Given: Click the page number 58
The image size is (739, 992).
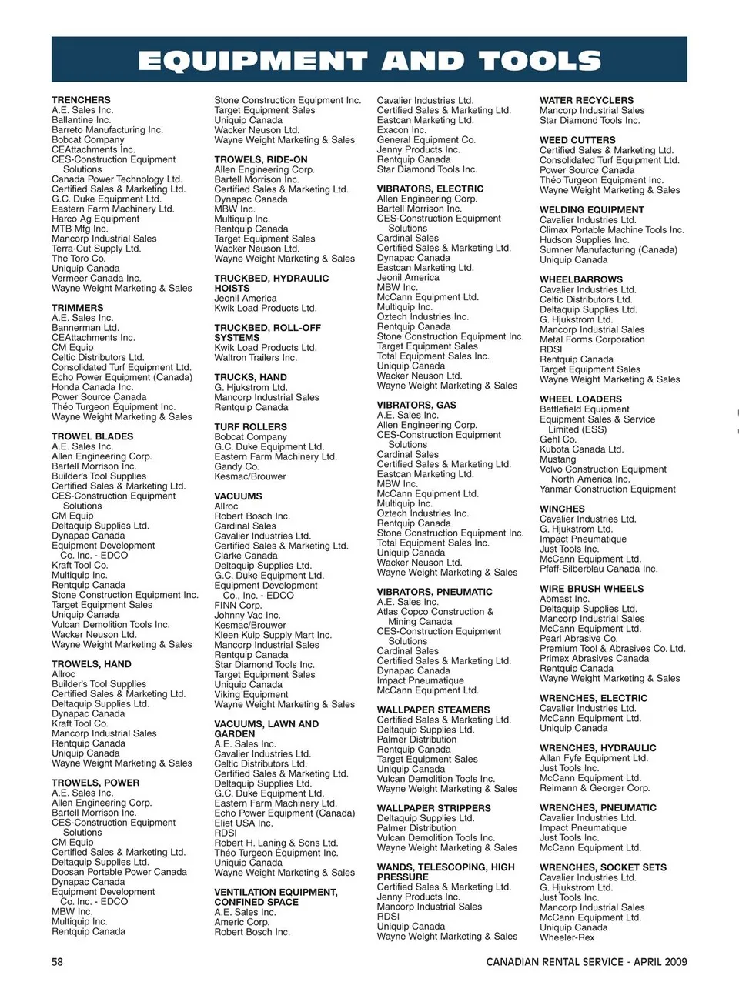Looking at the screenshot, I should [x=58, y=961].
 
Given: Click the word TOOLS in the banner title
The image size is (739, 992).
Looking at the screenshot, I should [x=539, y=61].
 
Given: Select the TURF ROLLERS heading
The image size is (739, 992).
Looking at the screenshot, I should [x=250, y=426].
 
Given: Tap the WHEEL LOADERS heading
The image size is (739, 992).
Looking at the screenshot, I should [x=580, y=399].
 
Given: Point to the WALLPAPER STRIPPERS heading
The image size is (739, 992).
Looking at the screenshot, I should [x=433, y=808].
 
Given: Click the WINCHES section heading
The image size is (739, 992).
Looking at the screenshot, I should [x=562, y=509].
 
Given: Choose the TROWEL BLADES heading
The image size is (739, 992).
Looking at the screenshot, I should [x=92, y=436].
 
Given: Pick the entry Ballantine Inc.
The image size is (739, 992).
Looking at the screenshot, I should [x=82, y=120].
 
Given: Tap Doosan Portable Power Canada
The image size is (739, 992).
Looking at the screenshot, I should [x=119, y=872].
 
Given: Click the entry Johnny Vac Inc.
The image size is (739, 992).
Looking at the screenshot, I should [x=247, y=616].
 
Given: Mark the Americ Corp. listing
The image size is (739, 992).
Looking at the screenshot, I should [x=242, y=922].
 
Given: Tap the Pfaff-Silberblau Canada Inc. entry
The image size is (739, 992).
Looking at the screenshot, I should [x=599, y=569].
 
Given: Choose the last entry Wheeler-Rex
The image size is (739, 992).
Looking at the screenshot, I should [x=567, y=937].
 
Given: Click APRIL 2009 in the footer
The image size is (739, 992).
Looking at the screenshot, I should [x=660, y=962].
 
